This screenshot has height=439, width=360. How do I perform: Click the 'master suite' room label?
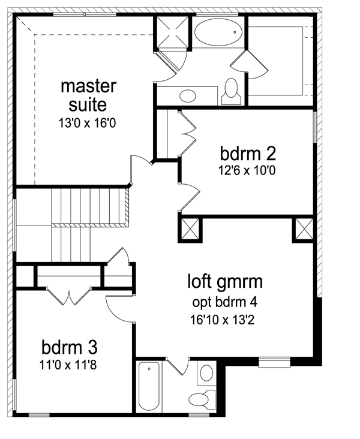point(88,95)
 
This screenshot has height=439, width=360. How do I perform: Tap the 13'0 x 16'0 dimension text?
point(87,123)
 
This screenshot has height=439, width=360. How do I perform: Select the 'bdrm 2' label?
point(248,154)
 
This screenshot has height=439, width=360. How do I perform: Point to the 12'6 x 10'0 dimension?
point(247,170)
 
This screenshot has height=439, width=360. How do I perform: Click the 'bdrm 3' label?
point(70,347)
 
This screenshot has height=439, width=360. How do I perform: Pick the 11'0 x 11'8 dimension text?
point(68,365)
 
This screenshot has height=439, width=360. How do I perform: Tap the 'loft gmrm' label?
point(225,282)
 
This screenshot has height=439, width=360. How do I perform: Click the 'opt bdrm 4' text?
point(224,302)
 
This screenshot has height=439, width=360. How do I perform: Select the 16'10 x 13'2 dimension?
point(222,320)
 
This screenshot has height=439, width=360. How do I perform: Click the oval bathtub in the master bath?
point(218,32)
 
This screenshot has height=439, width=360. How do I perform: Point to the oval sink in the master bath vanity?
point(188,96)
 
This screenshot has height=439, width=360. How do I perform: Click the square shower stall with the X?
point(172,32)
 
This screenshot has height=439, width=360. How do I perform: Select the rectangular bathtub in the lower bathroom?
point(149,386)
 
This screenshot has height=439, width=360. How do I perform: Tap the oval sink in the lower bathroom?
point(206,373)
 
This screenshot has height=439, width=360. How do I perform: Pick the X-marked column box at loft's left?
point(190,228)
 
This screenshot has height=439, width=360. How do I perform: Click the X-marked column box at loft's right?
point(304,228)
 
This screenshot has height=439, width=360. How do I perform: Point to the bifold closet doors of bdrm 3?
point(69,296)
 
